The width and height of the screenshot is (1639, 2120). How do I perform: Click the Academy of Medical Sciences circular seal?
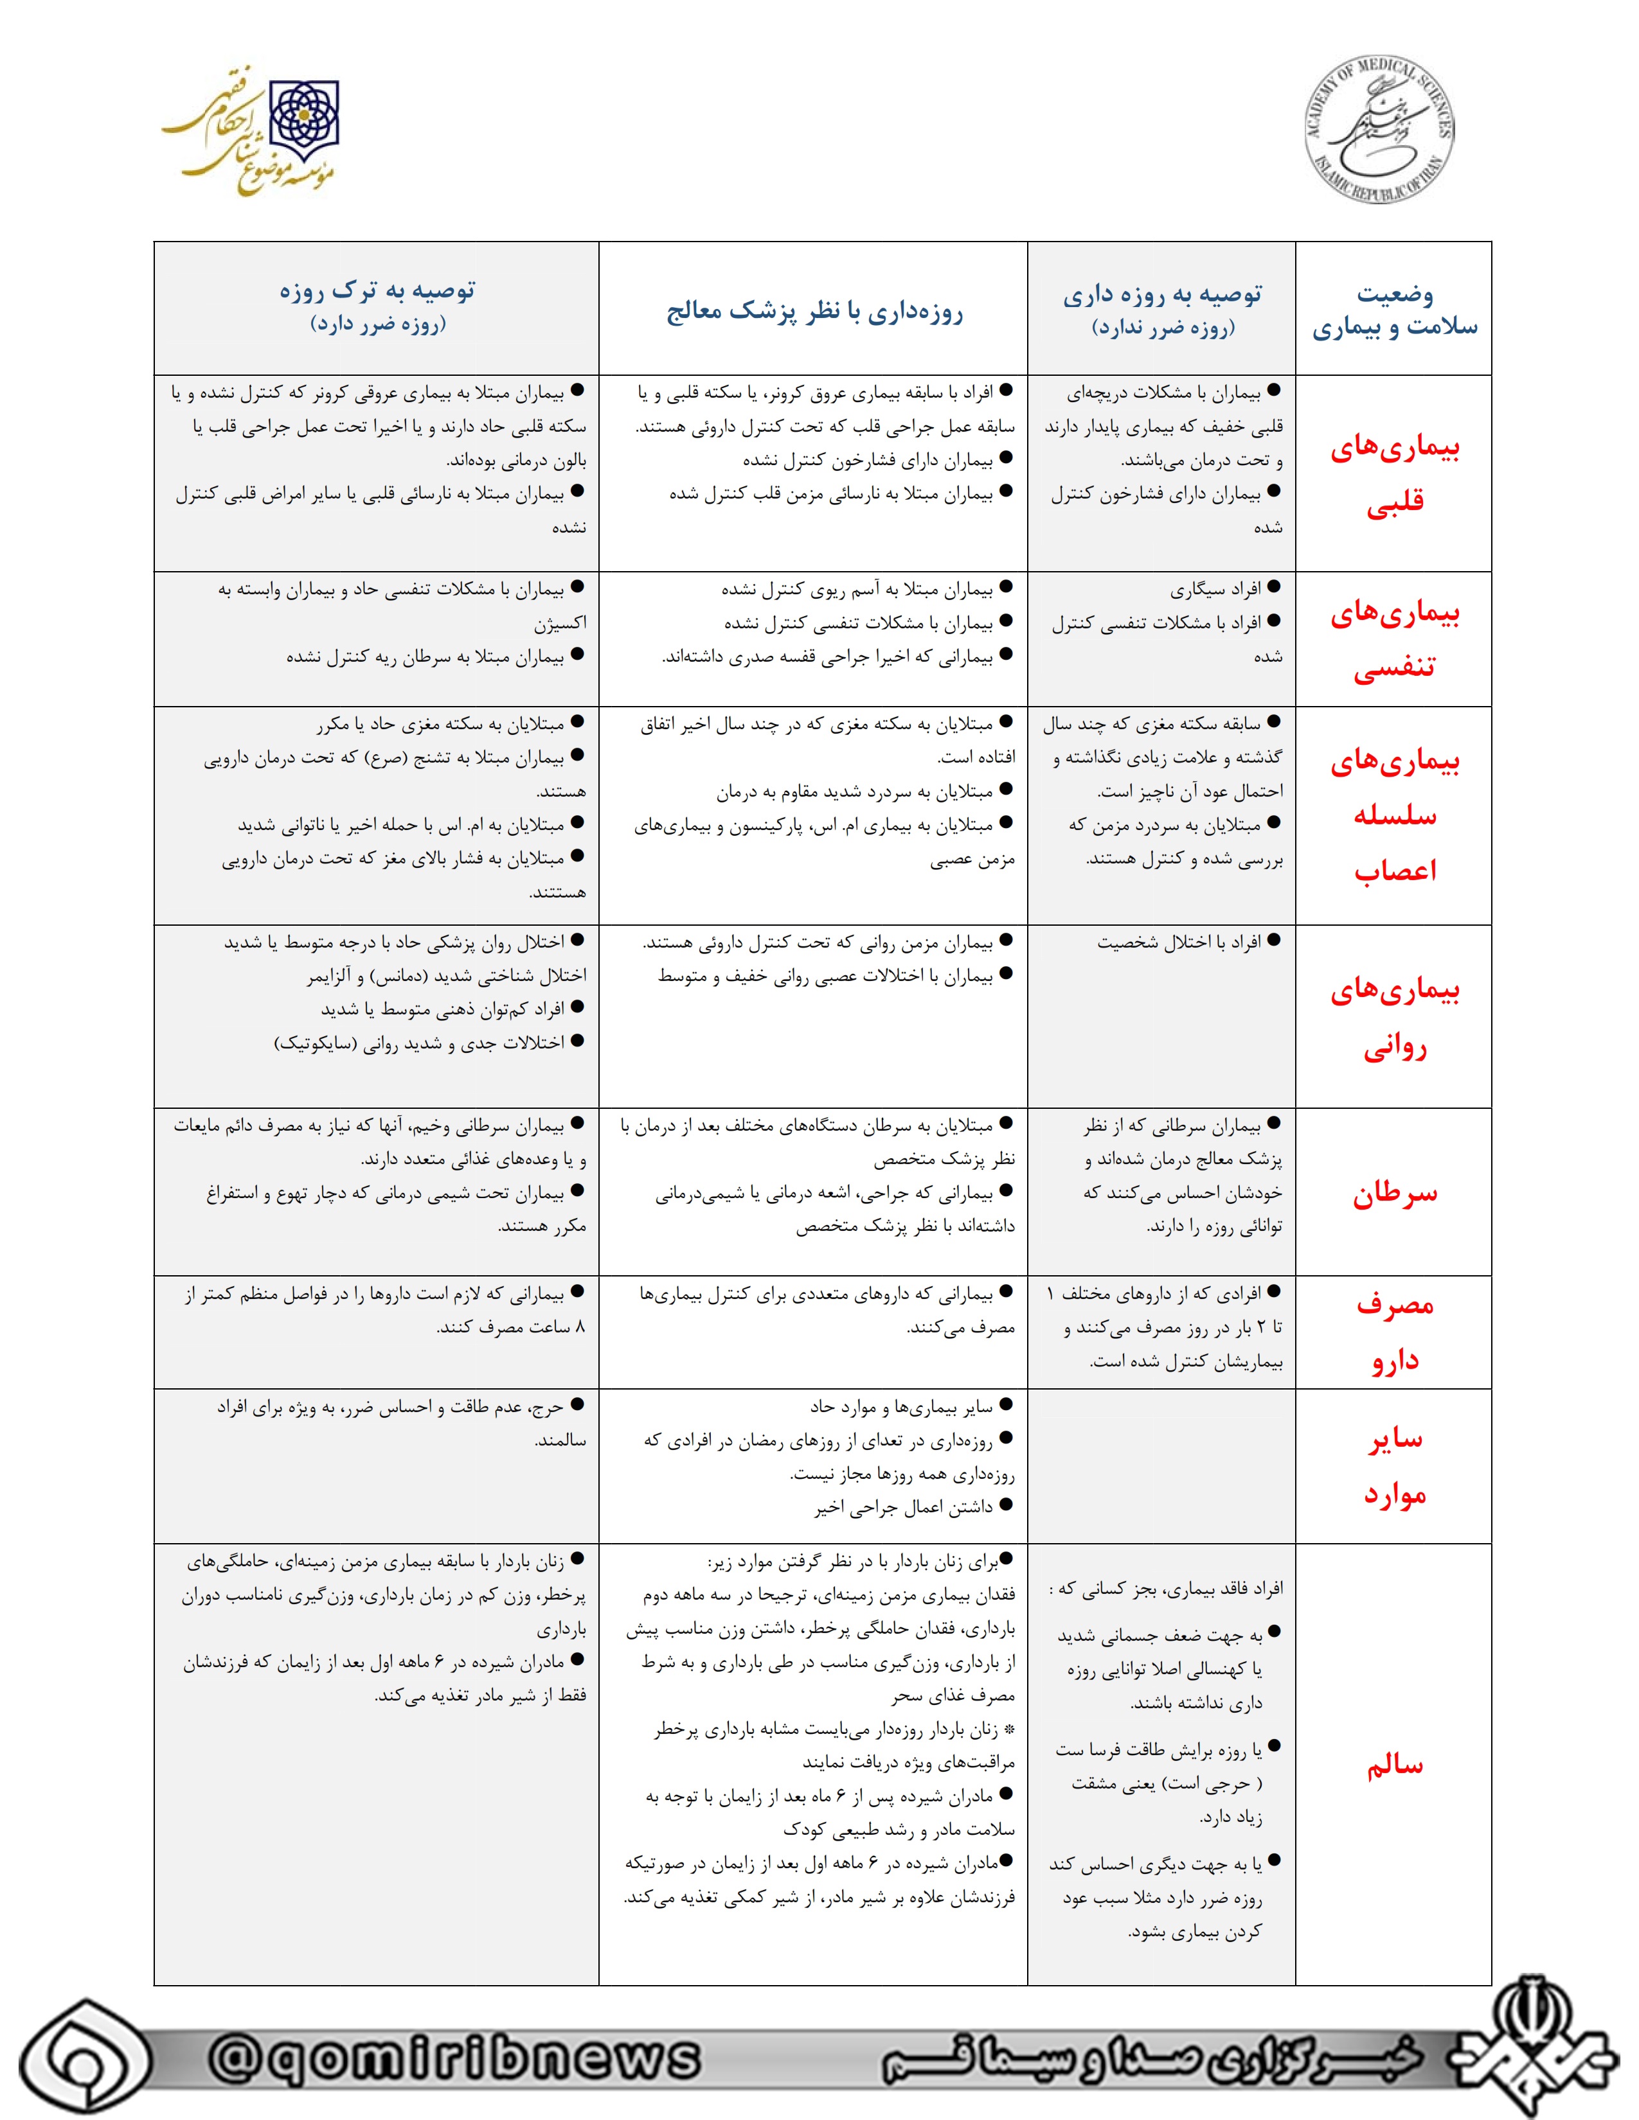(1379, 129)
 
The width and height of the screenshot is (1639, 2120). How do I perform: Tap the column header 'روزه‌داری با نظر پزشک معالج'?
(814, 312)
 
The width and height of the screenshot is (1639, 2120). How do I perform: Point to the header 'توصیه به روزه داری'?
(1162, 294)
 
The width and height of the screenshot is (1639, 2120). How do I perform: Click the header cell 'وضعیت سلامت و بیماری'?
(1394, 311)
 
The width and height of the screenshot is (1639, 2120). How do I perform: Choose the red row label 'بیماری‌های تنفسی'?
(1394, 640)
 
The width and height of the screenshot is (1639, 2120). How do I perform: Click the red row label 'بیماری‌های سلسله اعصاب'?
(1394, 815)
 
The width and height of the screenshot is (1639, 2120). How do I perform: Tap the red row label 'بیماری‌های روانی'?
(1394, 1018)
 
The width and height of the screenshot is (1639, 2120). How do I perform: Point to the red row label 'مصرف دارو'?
(1394, 1332)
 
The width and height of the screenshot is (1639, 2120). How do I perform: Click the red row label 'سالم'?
(1394, 1765)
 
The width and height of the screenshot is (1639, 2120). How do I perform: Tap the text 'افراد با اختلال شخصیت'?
(1179, 942)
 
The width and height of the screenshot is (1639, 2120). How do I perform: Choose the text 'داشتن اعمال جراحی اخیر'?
(903, 1508)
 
